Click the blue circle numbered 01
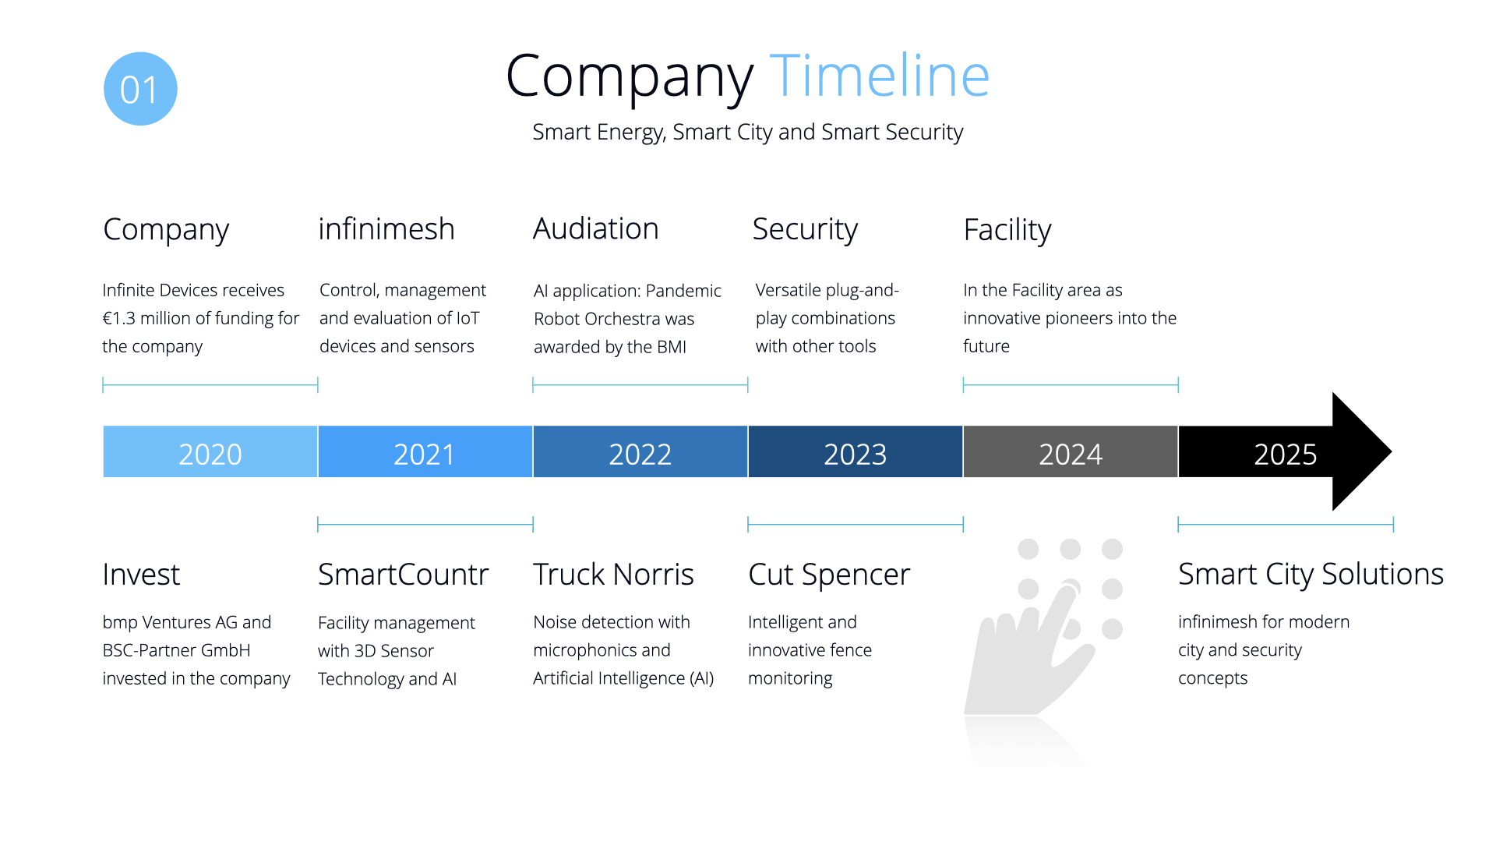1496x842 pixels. click(x=140, y=89)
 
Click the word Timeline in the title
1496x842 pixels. click(x=880, y=76)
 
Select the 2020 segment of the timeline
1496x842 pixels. click(x=210, y=451)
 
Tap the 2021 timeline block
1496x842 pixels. click(x=425, y=451)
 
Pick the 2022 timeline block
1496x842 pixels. click(x=640, y=451)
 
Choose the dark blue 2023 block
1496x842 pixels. click(x=856, y=451)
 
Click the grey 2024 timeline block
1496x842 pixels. click(x=1071, y=451)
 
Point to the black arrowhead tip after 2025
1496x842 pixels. click(x=1392, y=451)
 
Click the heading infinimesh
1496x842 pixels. click(x=386, y=229)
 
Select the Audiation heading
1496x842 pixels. click(x=596, y=229)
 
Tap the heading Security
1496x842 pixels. click(x=805, y=230)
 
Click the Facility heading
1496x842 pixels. click(x=1007, y=231)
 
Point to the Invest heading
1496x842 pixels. click(x=141, y=575)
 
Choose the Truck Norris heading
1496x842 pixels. click(x=613, y=575)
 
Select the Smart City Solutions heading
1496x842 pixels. click(x=1311, y=575)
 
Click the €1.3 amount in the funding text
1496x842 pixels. click(x=120, y=318)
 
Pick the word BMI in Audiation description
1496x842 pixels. click(x=672, y=347)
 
